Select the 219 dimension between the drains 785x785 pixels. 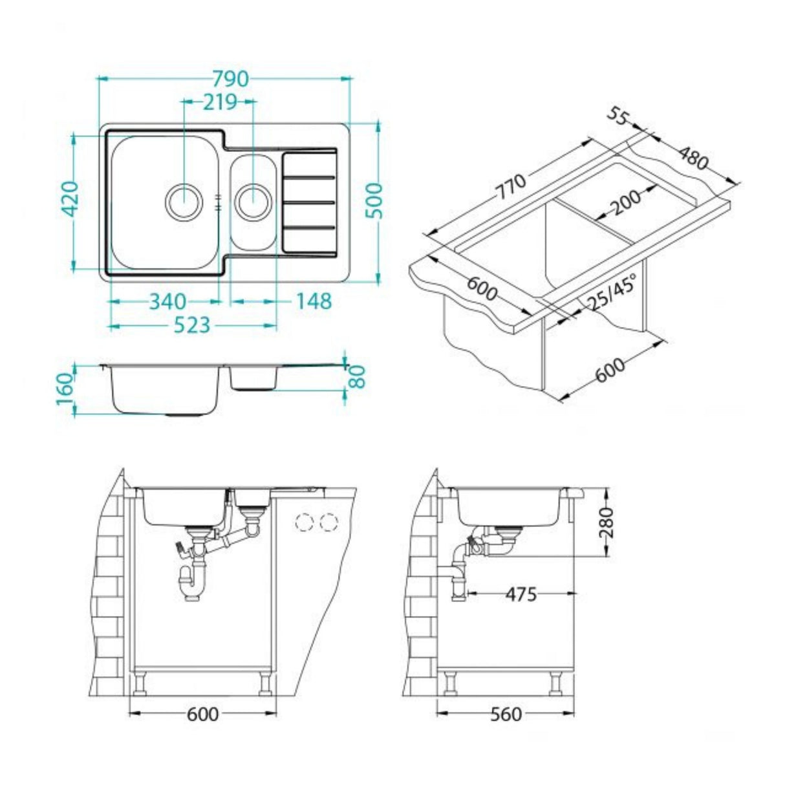220,102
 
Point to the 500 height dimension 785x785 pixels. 377,200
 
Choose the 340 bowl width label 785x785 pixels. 168,301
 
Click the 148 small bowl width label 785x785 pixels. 314,301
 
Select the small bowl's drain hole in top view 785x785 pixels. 252,202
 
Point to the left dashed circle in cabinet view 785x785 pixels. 303,522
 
